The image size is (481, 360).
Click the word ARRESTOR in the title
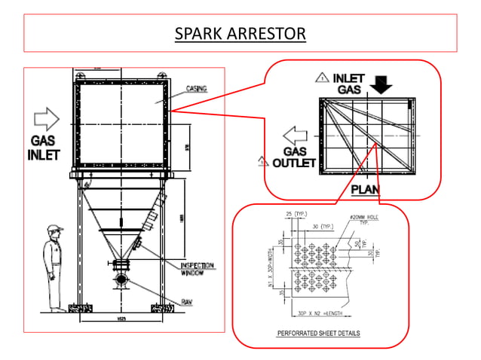[270, 33]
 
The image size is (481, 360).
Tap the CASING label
[198, 88]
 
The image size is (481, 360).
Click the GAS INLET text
[42, 147]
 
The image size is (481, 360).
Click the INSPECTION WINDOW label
[198, 269]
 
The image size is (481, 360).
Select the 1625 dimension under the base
[121, 319]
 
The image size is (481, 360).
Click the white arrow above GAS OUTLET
[295, 137]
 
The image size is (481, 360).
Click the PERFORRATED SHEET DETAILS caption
[319, 332]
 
